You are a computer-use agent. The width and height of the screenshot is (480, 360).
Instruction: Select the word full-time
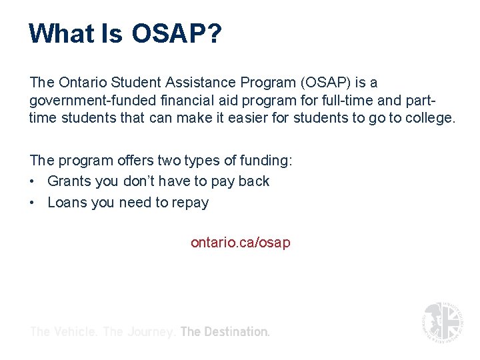click(347, 101)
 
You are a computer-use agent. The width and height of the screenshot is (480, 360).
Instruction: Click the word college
click(427, 118)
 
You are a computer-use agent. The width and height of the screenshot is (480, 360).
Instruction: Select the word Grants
click(71, 181)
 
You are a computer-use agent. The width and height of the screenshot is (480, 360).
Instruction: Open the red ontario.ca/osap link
click(240, 243)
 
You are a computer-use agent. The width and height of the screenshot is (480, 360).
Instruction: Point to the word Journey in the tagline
click(150, 331)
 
